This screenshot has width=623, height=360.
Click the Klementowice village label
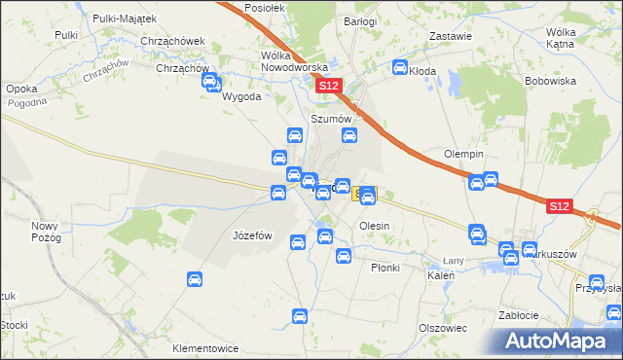coord(205,347)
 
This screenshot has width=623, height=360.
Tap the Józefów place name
coord(252,235)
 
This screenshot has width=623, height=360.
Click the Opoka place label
coord(21,89)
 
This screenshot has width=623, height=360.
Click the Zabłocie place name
coord(518,315)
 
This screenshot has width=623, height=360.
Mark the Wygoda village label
coord(241,98)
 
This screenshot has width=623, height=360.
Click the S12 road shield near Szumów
coord(329,87)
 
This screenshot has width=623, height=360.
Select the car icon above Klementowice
coord(300,316)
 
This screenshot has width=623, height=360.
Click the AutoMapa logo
coord(560,341)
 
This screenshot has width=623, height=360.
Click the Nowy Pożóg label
coord(46,232)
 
